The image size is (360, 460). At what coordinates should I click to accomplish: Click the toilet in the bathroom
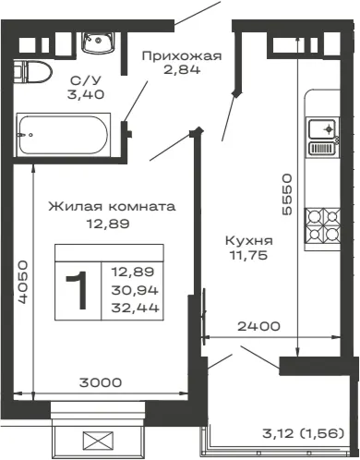pos(32,72)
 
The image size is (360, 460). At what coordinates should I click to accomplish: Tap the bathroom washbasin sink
pos(99,42)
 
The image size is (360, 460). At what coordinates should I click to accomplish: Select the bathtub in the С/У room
pos(64,135)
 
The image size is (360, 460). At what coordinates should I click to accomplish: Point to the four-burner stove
pos(322,225)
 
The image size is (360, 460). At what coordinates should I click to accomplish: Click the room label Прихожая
pos(182,56)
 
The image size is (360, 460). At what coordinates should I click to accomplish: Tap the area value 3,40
pos(86,94)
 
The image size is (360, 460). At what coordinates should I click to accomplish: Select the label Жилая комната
pos(112,206)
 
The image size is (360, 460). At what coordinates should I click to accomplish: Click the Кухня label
pos(249,240)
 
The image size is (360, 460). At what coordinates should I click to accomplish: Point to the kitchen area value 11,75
pos(248,255)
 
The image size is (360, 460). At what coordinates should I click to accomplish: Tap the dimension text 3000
pos(101,382)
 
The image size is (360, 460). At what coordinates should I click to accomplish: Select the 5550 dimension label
pos(287,194)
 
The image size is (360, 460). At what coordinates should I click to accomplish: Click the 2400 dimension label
pos(258,326)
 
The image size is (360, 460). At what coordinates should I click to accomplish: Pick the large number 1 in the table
pos(78,291)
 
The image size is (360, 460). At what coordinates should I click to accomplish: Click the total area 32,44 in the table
pos(135,308)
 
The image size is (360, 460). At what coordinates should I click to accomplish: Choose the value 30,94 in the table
pos(135,290)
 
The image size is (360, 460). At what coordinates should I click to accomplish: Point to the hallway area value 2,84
pos(182,70)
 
